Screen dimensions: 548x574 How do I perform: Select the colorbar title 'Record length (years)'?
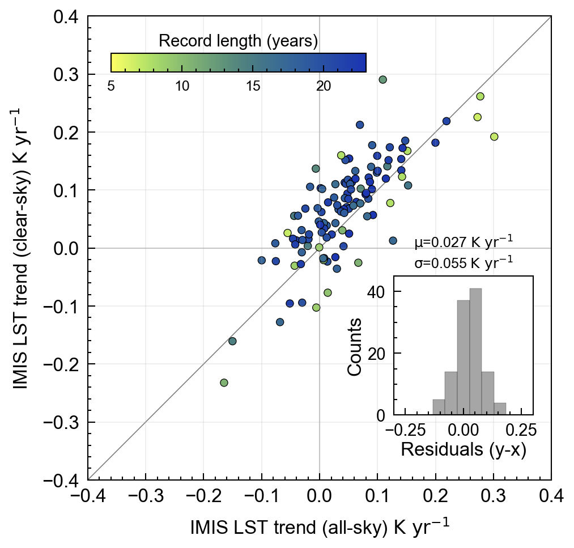click(x=237, y=41)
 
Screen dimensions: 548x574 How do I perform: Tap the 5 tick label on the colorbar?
click(x=111, y=86)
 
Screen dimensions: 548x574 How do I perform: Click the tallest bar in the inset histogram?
click(x=476, y=351)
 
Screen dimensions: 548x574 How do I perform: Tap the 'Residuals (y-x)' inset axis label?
click(x=464, y=450)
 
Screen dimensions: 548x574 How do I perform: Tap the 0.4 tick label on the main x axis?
click(x=551, y=497)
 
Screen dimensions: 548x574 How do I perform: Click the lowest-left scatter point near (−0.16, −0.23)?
click(x=224, y=383)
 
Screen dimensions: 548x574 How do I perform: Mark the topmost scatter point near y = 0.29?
click(x=382, y=80)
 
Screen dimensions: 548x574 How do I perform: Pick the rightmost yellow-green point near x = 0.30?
click(x=494, y=137)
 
